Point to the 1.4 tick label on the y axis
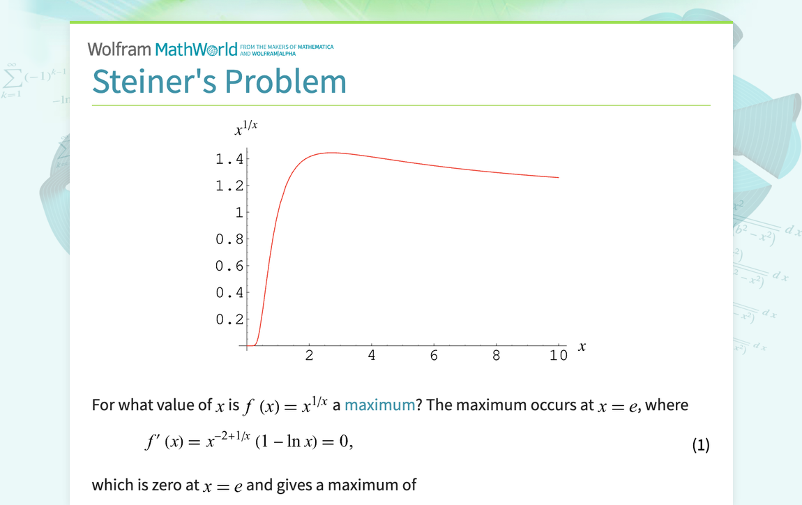[229, 159]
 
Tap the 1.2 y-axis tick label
[229, 186]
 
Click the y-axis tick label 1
[239, 212]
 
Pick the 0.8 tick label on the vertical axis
[229, 239]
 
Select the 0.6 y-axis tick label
[229, 266]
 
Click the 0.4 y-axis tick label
[229, 293]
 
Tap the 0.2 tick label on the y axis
[229, 319]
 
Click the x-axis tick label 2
[309, 356]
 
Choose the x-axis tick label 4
[372, 356]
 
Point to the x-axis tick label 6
[434, 356]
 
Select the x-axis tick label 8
[497, 356]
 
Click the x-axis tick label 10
[559, 356]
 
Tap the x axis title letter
[582, 345]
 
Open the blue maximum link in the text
[379, 405]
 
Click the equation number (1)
[700, 445]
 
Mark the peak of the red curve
[331, 152]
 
